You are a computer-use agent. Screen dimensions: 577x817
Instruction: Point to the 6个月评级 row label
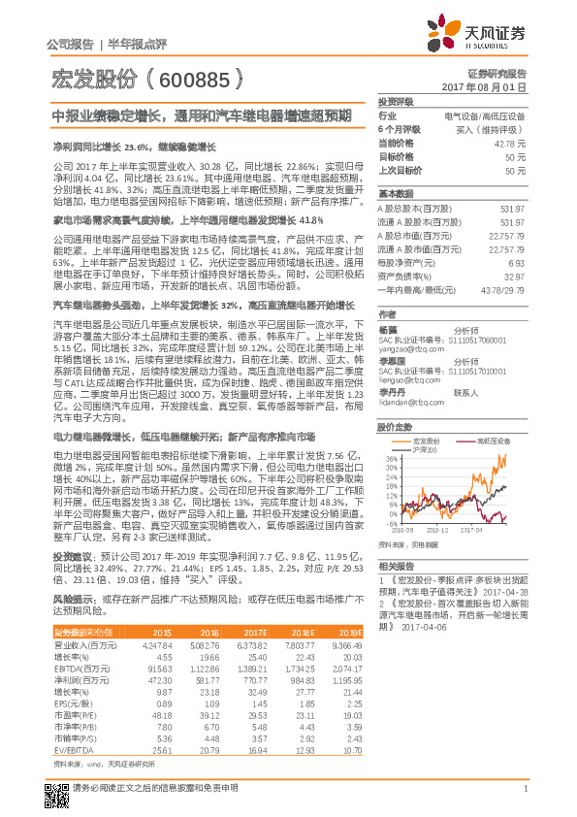pyautogui.click(x=399, y=128)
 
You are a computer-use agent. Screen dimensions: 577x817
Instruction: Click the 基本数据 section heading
pyautogui.click(x=396, y=192)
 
